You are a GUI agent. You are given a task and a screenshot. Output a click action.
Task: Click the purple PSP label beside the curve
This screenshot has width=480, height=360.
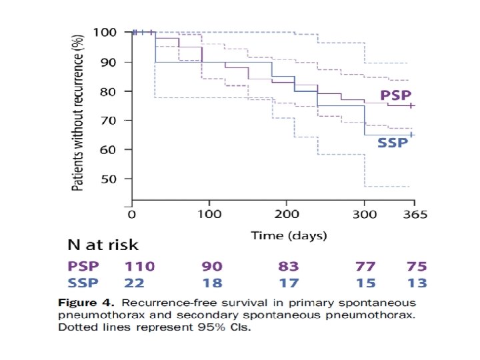[x=395, y=95]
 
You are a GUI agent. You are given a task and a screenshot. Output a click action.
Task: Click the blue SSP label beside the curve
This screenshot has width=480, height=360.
[x=393, y=143]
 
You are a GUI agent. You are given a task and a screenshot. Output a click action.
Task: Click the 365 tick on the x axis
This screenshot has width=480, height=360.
[x=414, y=214]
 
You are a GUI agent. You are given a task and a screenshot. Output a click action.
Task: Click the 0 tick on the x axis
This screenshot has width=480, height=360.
[x=132, y=214]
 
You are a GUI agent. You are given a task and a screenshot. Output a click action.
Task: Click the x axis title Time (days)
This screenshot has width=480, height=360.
[x=288, y=235]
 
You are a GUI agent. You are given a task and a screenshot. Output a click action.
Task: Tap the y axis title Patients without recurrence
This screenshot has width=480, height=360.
[x=79, y=113]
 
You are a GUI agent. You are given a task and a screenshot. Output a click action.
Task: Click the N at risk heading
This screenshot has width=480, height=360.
[x=103, y=245]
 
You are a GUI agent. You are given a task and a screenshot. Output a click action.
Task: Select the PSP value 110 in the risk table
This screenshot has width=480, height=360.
[x=140, y=266]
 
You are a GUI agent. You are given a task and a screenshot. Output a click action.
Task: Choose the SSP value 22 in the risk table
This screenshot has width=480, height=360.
[x=134, y=283]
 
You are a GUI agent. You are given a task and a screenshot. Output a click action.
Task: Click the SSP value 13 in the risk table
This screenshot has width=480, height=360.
[x=417, y=283]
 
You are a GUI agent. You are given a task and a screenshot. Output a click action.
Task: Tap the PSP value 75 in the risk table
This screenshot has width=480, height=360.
[x=417, y=266]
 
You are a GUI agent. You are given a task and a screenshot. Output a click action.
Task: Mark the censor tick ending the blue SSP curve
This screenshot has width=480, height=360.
[x=411, y=135]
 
